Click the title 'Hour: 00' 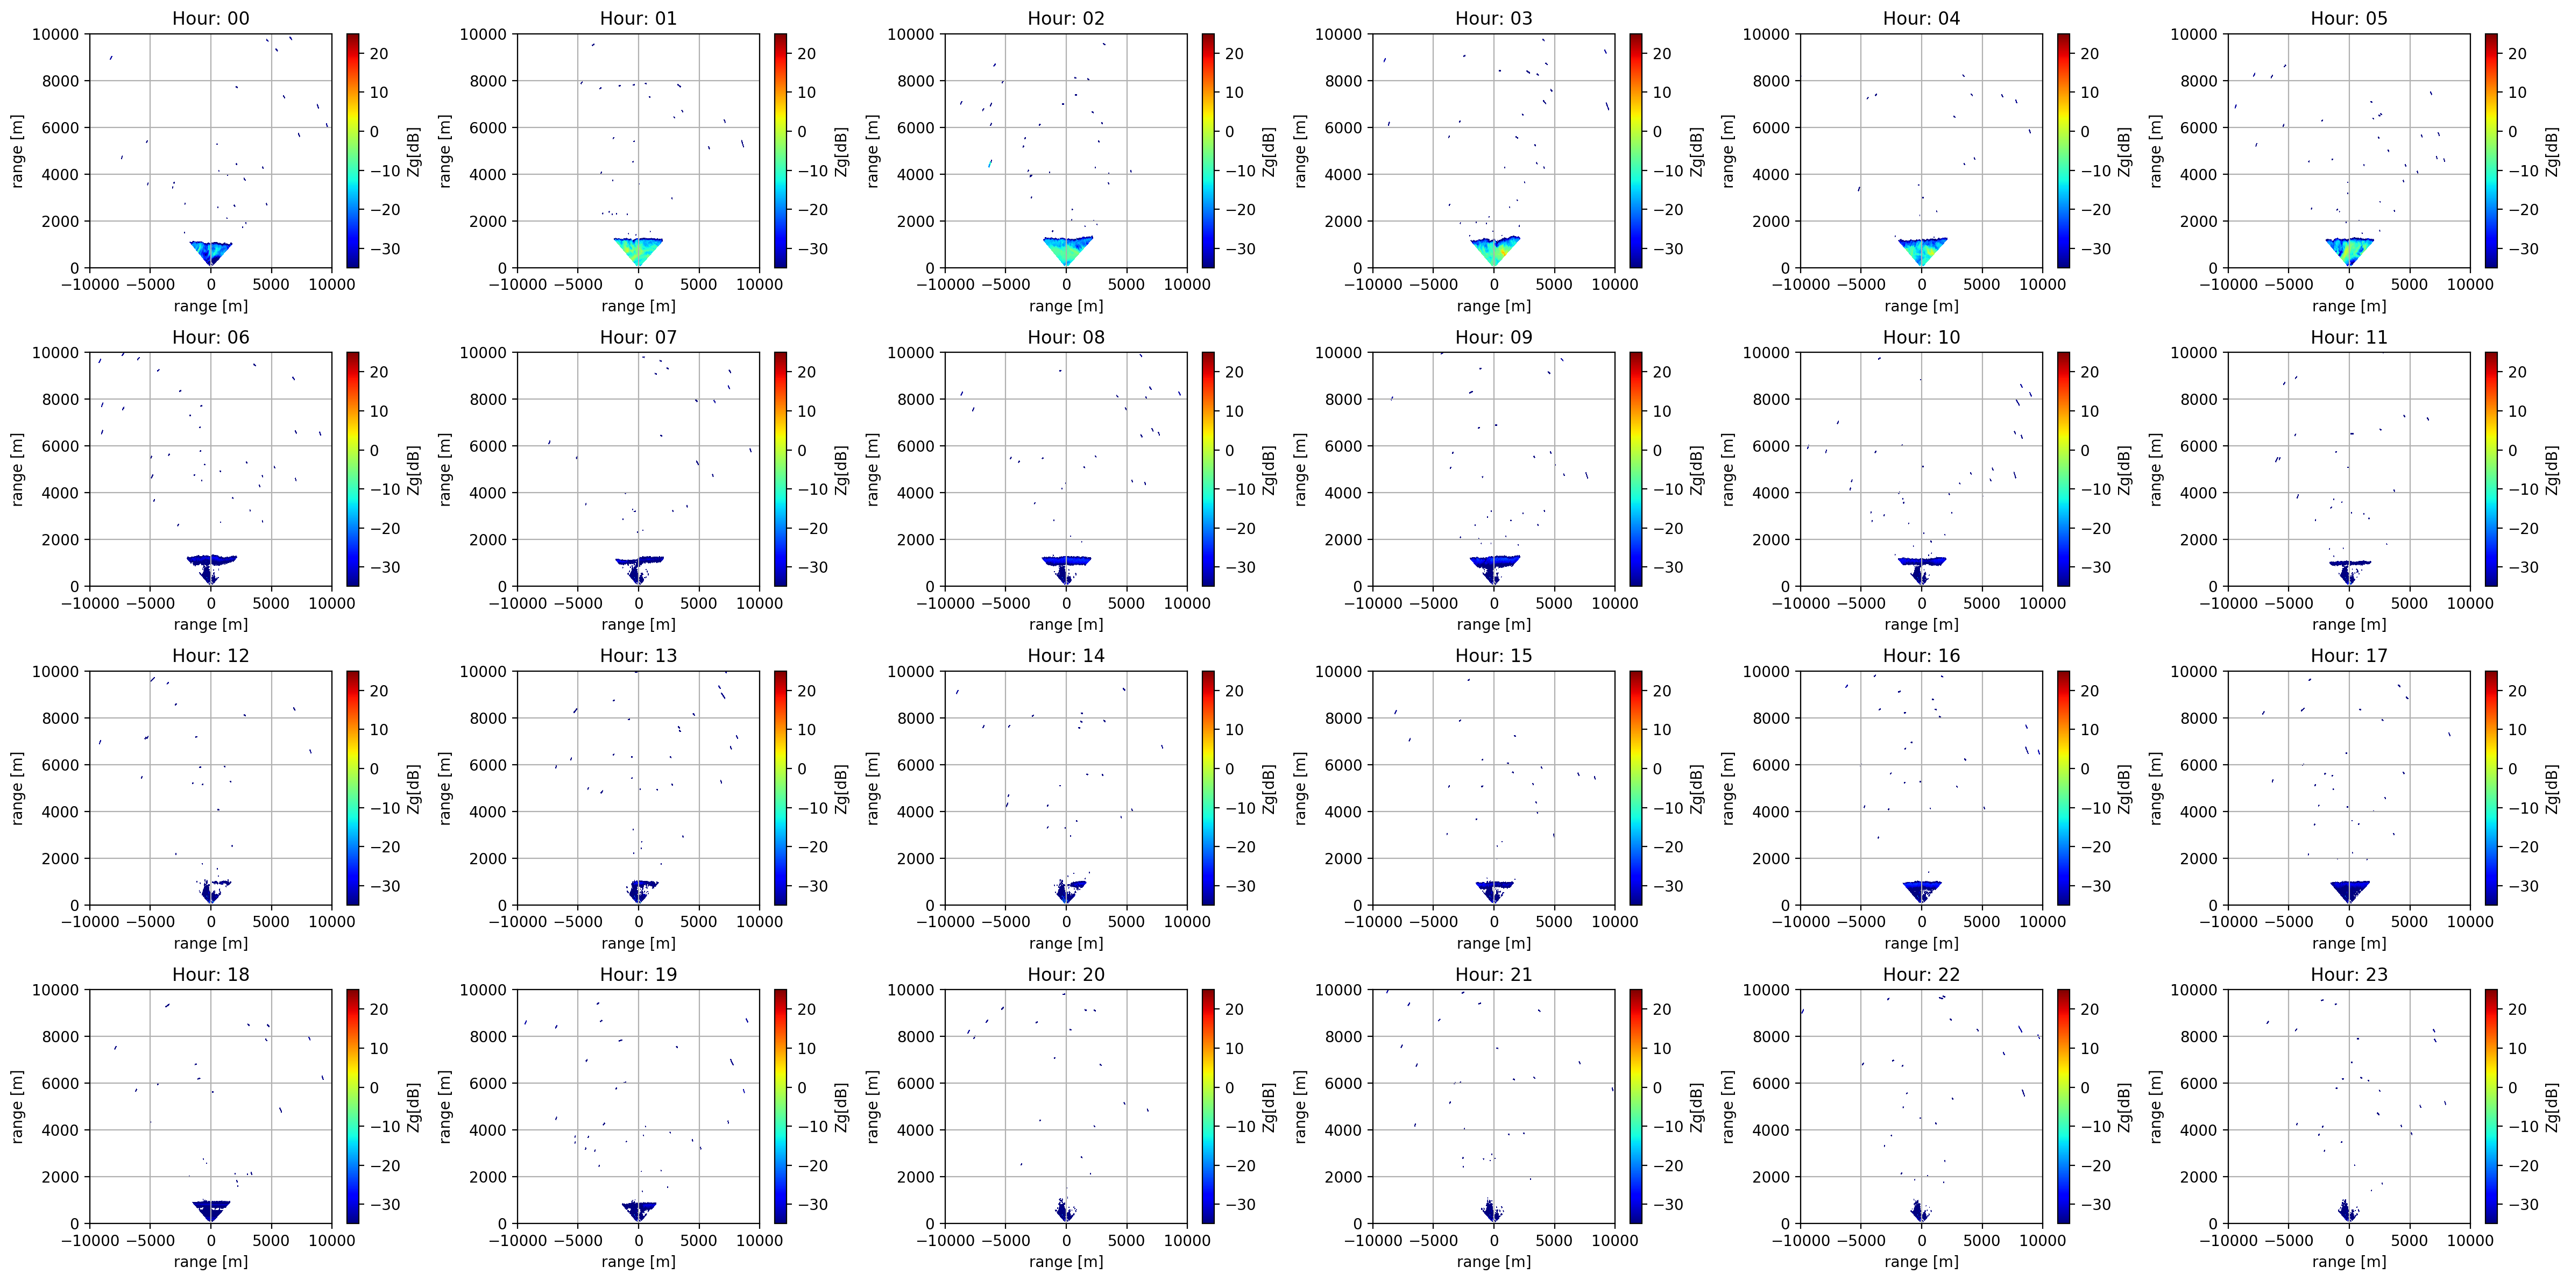(210, 18)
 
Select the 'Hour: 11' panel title (2348, 337)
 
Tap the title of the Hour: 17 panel (2348, 656)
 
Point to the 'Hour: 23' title (2348, 974)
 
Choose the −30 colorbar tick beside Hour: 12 (379, 886)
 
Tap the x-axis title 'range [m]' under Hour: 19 (639, 1261)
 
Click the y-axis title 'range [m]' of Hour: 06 (18, 469)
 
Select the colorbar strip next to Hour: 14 (1208, 787)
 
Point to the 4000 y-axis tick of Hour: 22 (1773, 1129)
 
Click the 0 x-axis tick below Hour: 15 (1494, 922)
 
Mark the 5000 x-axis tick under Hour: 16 (1982, 922)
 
